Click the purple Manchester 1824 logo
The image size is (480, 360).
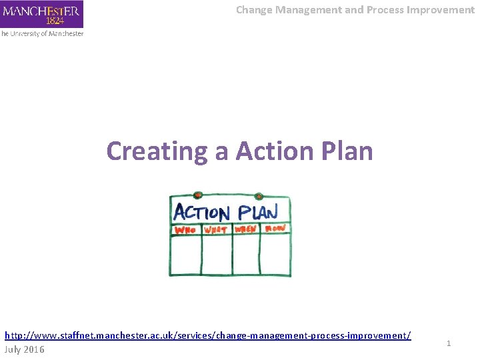coord(41,14)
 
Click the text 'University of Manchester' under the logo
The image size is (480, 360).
coord(43,33)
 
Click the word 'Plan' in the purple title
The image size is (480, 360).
coord(346,151)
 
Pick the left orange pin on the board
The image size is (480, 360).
coord(197,195)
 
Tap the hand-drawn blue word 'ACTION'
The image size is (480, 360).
coord(202,213)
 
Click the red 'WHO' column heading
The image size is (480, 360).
coord(185,230)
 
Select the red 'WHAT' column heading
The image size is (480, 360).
coord(216,230)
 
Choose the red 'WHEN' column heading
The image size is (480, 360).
coord(246,230)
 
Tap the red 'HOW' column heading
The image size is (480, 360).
coord(275,229)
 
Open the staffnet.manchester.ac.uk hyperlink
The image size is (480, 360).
coord(207,335)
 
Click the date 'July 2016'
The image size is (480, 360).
coord(25,349)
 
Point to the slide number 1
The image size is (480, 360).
coord(449,343)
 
